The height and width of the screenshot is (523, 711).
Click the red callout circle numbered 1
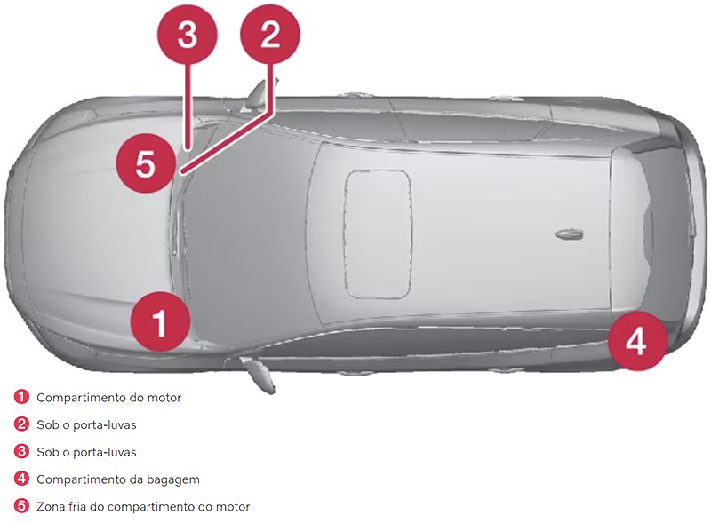(160, 323)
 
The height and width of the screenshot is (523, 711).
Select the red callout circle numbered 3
(186, 36)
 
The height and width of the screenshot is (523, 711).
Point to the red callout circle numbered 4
(637, 340)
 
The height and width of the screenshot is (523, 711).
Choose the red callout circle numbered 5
(146, 163)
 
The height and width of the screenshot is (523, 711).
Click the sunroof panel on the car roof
(378, 234)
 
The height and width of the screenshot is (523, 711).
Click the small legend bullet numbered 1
(21, 398)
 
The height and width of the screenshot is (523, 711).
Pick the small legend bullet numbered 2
(21, 425)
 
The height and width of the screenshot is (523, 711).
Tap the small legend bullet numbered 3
(21, 452)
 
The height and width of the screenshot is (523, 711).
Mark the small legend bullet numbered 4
(21, 479)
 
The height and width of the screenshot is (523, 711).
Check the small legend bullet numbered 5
(21, 506)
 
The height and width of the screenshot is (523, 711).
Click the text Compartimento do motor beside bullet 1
(108, 398)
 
